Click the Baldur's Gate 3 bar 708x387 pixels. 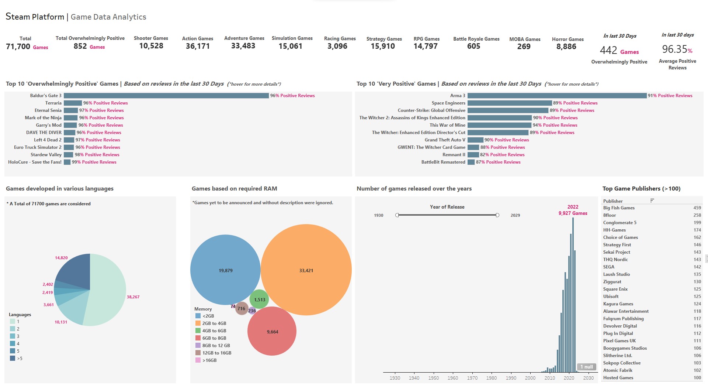point(166,96)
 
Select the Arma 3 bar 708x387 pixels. point(557,96)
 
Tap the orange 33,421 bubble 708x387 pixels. point(306,270)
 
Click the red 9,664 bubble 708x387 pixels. point(272,331)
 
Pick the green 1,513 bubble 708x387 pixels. point(259,299)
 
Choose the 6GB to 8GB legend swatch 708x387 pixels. point(198,338)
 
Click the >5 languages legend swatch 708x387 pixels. point(13,358)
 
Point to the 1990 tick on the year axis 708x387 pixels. point(511,378)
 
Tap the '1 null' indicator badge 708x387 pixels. point(586,367)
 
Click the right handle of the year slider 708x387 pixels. point(497,215)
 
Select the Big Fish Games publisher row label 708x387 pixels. point(619,208)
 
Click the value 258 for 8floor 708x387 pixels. point(697,215)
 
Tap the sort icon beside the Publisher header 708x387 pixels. point(652,201)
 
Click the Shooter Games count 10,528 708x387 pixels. point(151,46)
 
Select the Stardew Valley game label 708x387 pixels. point(46,155)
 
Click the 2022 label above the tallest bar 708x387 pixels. point(573,207)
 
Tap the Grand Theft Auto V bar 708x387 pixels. point(475,140)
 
